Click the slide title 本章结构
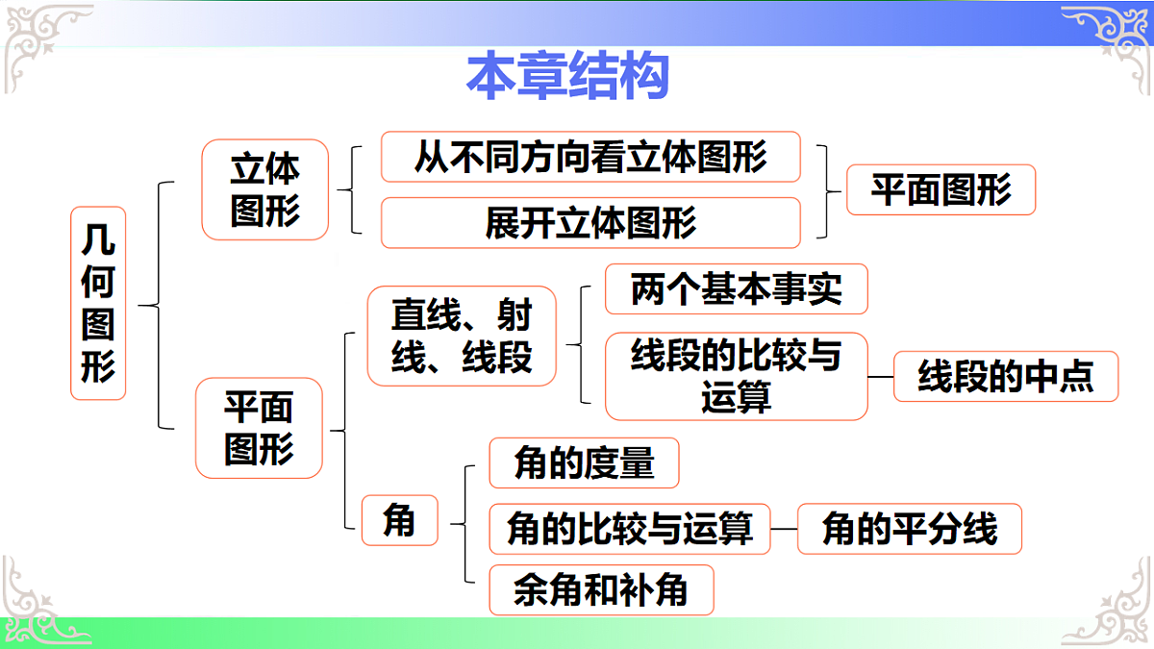567,77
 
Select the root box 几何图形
98,303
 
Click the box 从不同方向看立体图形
590,157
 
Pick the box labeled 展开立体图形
590,223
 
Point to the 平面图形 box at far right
941,189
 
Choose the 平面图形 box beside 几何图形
259,428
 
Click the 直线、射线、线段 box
462,336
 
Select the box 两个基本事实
736,288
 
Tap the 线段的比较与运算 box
736,376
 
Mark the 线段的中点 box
1006,376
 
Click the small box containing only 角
399,520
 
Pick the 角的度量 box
584,463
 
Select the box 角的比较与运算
630,529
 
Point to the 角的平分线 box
909,529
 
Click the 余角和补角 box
601,589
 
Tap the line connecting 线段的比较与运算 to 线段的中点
881,377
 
